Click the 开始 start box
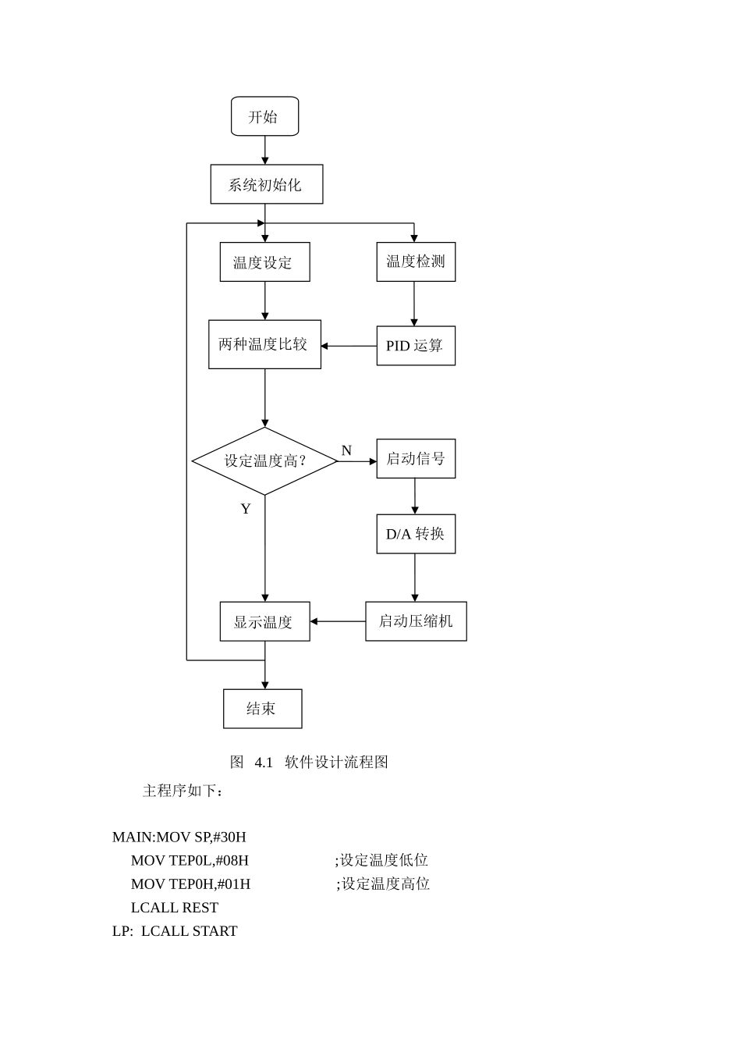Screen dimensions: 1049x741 pyautogui.click(x=264, y=116)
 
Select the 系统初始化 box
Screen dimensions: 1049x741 pyautogui.click(x=266, y=184)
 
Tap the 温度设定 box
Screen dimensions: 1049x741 pyautogui.click(x=264, y=262)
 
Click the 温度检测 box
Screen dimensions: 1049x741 pyautogui.click(x=415, y=261)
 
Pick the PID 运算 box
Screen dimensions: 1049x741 pyautogui.click(x=415, y=346)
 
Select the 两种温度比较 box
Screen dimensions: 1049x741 pyautogui.click(x=264, y=344)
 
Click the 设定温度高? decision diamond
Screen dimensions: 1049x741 pyautogui.click(x=264, y=461)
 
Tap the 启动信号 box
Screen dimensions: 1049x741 pyautogui.click(x=415, y=459)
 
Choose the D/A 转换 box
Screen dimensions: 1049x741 pyautogui.click(x=415, y=534)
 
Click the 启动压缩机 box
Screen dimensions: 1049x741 pyautogui.click(x=416, y=621)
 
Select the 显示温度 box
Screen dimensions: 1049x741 pyautogui.click(x=264, y=621)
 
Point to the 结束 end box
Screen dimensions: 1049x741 pyautogui.click(x=262, y=709)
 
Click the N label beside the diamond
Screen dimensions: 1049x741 pyautogui.click(x=346, y=450)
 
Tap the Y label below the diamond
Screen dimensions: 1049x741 pyautogui.click(x=246, y=509)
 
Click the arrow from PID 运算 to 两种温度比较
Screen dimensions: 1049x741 pyautogui.click(x=349, y=346)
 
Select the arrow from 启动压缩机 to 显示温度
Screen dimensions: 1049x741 pyautogui.click(x=338, y=621)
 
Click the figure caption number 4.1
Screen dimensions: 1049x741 pyautogui.click(x=264, y=762)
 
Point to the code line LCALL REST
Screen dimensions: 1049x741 pyautogui.click(x=175, y=908)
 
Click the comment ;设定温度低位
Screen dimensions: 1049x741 pyautogui.click(x=381, y=860)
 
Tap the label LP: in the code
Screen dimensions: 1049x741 pyautogui.click(x=122, y=931)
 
